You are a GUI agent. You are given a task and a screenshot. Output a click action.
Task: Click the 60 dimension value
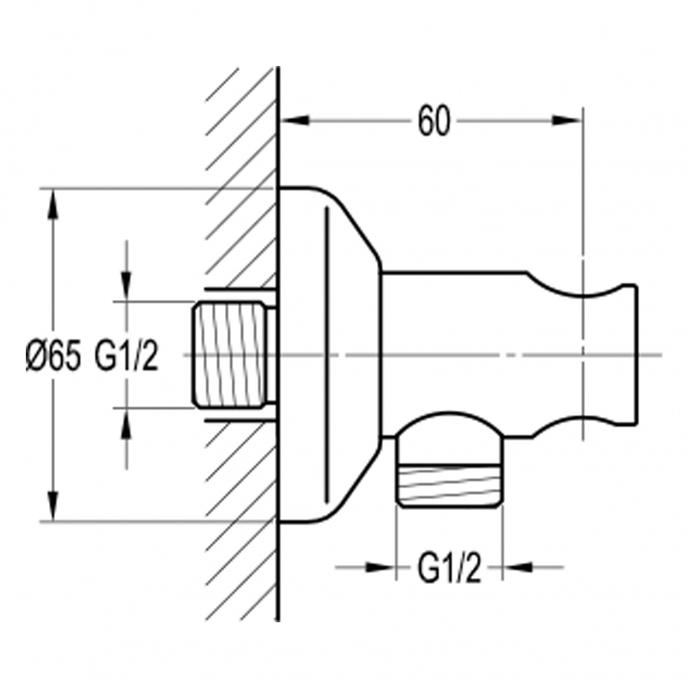[433, 120]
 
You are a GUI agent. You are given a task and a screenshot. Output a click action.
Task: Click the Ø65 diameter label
[54, 356]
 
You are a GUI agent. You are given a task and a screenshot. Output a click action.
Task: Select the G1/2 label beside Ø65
[126, 356]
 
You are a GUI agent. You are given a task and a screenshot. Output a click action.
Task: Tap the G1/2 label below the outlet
[449, 568]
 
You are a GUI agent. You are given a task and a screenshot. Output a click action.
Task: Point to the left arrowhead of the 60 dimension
[295, 120]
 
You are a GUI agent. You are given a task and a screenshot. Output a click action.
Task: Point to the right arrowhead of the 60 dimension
[566, 120]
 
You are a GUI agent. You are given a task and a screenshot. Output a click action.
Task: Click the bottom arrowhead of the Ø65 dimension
[53, 506]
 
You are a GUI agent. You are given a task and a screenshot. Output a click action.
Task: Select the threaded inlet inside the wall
[231, 355]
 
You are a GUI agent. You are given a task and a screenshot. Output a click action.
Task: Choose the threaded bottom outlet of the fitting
[449, 485]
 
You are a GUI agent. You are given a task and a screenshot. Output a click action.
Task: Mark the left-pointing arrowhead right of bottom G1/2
[517, 568]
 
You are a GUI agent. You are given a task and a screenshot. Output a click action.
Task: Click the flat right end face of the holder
[636, 355]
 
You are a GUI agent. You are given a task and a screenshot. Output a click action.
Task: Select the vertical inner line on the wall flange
[326, 354]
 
